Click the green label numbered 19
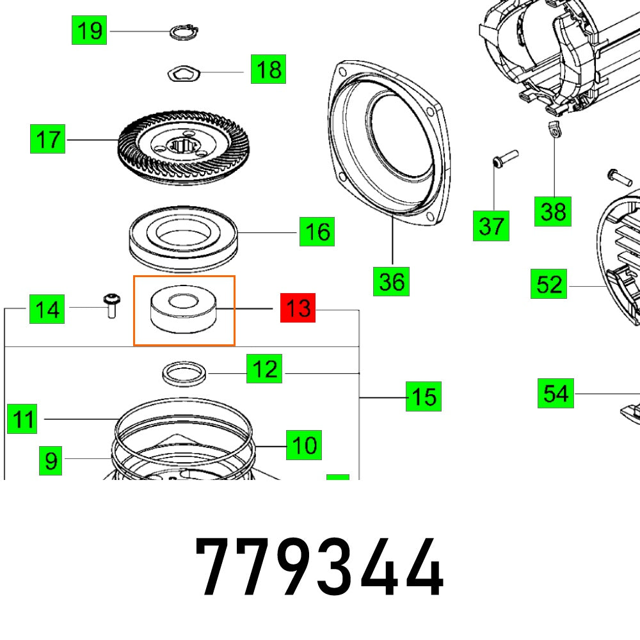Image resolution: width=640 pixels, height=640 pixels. (x=89, y=30)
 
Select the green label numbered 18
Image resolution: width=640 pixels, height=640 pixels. (x=268, y=69)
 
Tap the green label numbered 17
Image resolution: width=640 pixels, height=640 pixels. (x=48, y=140)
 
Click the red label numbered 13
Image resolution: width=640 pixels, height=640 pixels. (x=298, y=309)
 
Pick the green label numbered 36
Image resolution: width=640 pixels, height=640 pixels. (x=392, y=281)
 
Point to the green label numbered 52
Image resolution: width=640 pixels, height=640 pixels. (x=548, y=284)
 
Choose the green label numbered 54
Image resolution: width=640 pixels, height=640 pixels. (x=555, y=393)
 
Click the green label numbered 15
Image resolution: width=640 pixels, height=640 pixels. (x=423, y=397)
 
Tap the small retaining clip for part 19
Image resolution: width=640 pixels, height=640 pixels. (x=184, y=31)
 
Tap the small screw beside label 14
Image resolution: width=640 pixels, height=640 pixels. (x=110, y=307)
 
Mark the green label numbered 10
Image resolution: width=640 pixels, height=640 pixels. (x=303, y=445)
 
